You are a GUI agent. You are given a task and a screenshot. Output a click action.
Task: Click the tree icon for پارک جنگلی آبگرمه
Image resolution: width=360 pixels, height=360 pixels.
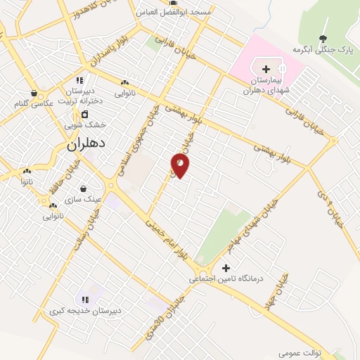(x=323, y=39)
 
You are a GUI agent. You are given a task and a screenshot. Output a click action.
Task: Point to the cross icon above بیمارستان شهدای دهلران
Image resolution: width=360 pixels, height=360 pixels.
(x=266, y=69)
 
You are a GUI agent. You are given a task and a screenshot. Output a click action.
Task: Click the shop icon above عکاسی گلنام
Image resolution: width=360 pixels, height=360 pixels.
(x=33, y=93)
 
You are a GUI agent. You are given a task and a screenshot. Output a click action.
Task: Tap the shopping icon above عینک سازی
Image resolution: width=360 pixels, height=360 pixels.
(x=84, y=188)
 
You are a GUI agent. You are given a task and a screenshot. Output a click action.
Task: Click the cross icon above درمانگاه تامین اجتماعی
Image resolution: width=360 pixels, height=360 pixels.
(x=226, y=267)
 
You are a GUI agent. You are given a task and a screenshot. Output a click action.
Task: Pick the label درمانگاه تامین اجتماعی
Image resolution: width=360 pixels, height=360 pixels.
(x=226, y=279)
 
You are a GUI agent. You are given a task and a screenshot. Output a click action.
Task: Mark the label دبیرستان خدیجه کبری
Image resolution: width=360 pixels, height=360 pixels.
(x=85, y=310)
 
